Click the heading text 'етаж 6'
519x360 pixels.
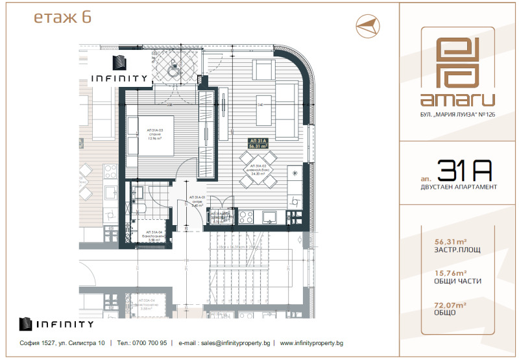tap(62, 18)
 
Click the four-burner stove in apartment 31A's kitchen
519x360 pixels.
tap(246, 217)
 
